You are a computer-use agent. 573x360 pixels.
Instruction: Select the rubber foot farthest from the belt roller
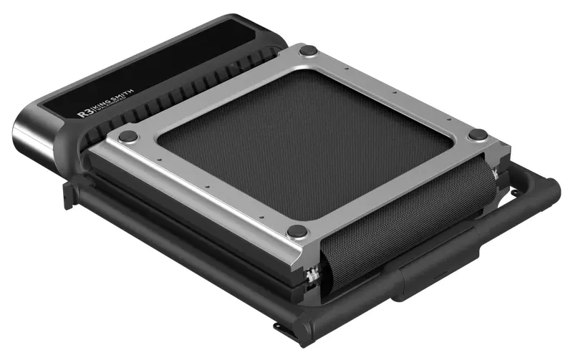(x=308, y=51)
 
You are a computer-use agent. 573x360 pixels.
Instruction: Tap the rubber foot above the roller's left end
(x=297, y=231)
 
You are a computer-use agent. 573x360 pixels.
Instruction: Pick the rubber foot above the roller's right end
(x=478, y=135)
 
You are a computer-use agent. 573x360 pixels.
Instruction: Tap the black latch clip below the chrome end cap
(x=69, y=193)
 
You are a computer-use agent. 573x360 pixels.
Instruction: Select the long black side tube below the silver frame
(x=179, y=236)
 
